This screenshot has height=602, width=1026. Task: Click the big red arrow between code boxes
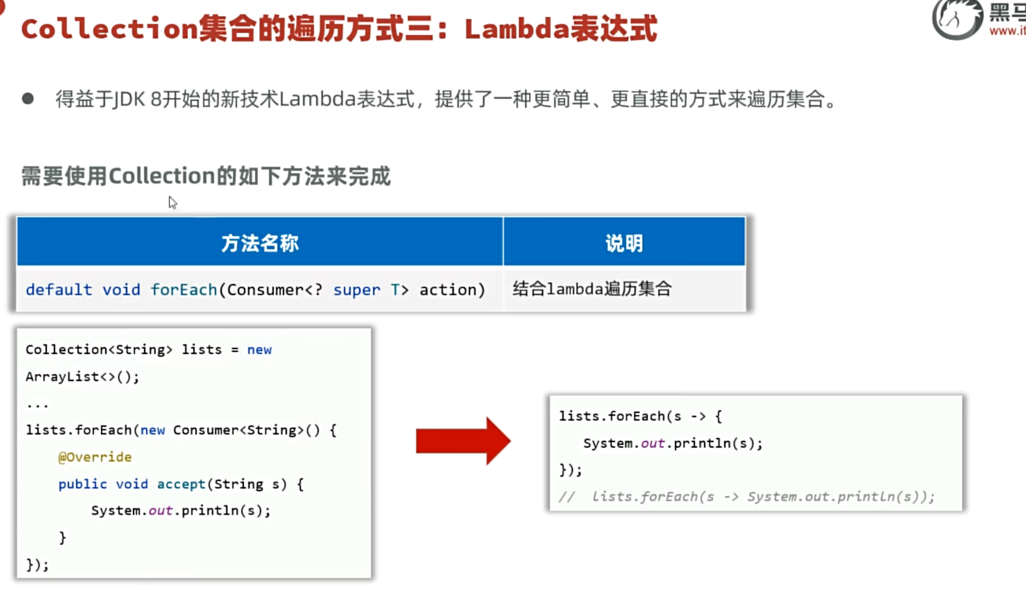click(463, 441)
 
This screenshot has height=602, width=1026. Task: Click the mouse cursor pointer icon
click(172, 202)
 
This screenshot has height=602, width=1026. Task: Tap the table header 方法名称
click(260, 243)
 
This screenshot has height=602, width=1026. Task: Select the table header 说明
click(624, 243)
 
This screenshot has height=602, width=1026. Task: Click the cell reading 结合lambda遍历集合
click(592, 289)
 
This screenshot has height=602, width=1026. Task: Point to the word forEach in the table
click(184, 290)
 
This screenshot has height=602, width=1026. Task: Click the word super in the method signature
click(357, 290)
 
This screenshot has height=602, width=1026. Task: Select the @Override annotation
click(95, 457)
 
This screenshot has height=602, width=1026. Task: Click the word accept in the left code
click(181, 484)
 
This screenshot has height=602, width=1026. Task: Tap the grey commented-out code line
click(747, 497)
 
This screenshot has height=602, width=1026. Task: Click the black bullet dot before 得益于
click(28, 98)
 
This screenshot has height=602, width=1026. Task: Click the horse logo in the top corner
click(957, 20)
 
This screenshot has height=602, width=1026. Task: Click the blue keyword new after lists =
click(260, 350)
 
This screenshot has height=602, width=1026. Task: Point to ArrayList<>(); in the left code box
click(82, 377)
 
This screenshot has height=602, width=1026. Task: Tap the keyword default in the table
click(59, 290)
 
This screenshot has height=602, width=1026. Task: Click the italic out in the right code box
click(653, 443)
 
